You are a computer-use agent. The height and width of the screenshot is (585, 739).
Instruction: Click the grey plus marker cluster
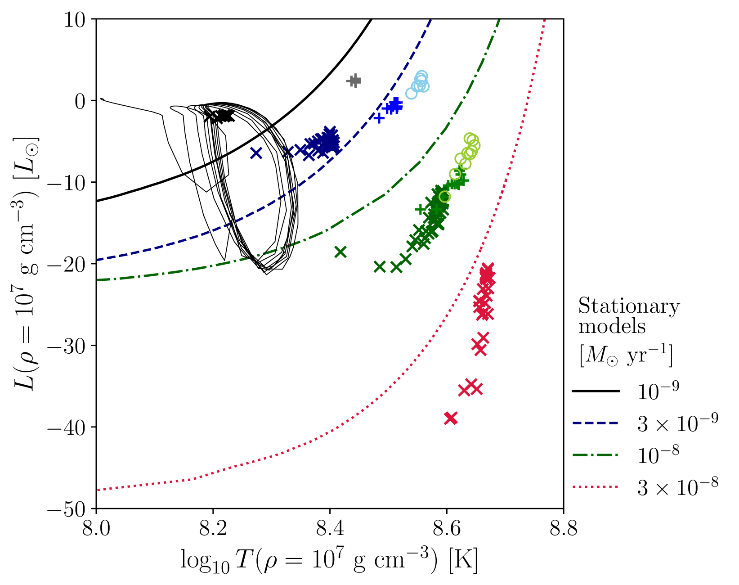click(x=354, y=81)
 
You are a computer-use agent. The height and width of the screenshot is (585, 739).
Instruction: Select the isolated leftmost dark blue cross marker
click(x=256, y=153)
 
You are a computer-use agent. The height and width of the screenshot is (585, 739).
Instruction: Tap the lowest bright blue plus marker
click(x=379, y=118)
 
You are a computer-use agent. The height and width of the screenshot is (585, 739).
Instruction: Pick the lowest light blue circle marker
click(x=411, y=94)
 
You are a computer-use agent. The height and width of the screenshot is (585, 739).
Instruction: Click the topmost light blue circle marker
click(x=421, y=76)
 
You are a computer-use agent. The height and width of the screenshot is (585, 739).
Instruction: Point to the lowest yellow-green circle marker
click(x=444, y=197)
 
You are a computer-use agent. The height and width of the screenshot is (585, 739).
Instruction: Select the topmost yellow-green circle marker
click(x=469, y=139)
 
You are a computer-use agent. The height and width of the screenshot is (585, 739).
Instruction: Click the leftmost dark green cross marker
click(x=340, y=252)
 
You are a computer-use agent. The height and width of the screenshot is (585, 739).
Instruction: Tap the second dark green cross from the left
click(x=380, y=267)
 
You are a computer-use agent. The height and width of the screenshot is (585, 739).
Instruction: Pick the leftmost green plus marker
click(x=421, y=209)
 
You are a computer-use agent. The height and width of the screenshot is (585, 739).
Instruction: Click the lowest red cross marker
click(x=451, y=418)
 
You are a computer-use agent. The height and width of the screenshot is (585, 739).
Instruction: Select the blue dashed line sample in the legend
click(x=595, y=423)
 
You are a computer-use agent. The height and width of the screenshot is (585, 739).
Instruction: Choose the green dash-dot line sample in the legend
click(x=595, y=455)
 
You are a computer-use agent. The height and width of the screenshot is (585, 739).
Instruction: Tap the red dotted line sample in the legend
click(x=595, y=487)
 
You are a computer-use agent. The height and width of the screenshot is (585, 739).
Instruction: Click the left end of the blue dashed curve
click(x=98, y=260)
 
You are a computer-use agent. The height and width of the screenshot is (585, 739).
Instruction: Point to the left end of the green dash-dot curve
click(x=98, y=280)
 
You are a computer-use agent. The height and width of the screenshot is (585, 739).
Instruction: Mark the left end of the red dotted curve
click(x=98, y=490)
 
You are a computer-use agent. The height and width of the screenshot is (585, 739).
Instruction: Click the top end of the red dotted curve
click(x=544, y=20)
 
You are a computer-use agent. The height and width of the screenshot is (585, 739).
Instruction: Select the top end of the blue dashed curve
click(x=430, y=20)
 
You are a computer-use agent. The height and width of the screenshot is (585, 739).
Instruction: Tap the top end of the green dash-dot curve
click(x=499, y=20)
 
